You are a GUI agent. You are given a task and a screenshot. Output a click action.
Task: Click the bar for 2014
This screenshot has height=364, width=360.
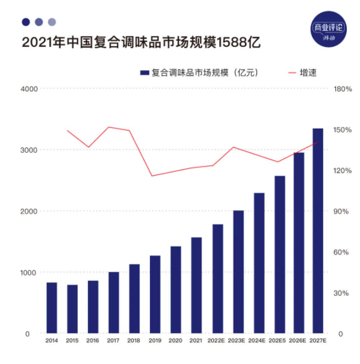tap(52, 307)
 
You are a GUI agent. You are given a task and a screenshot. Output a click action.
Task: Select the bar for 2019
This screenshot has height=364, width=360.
tap(155, 294)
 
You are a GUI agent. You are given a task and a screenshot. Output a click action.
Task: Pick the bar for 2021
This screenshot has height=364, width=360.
tap(196, 285)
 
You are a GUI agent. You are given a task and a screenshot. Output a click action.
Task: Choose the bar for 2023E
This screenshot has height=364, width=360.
tap(238, 272)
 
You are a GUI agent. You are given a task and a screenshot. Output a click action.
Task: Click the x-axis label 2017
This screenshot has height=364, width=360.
tap(113, 341)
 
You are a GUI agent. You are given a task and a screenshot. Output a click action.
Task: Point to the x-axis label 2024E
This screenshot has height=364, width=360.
tap(259, 341)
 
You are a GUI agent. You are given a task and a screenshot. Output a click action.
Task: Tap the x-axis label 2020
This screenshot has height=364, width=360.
tap(175, 341)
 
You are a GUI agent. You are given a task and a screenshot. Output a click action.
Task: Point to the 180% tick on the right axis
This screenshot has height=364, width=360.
tap(343, 88)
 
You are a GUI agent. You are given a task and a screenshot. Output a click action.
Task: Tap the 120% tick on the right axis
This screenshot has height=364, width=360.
tap(343, 170)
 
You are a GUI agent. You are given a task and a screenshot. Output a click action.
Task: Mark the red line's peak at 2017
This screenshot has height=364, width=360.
tap(109, 127)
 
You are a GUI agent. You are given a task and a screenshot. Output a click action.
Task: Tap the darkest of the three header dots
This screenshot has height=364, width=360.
tap(25, 22)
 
